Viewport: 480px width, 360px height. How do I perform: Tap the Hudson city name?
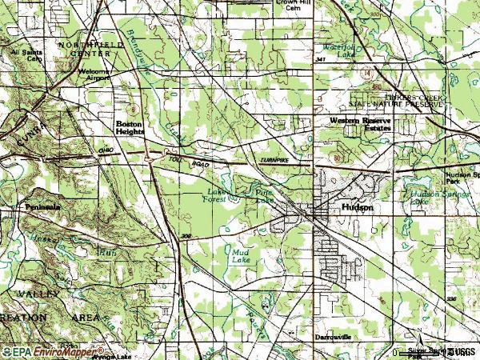357,206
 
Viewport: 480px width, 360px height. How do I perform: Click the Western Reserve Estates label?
362,124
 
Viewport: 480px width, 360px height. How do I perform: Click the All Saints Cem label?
25,55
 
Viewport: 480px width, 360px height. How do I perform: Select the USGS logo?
461,351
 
